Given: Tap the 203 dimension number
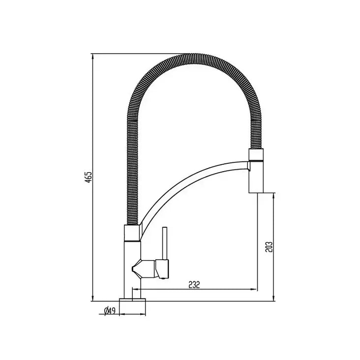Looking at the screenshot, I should click(269, 246).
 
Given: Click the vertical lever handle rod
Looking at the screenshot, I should click(165, 243).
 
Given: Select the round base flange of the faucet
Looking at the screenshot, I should click(132, 305).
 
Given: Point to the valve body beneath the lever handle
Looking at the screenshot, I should click(160, 269).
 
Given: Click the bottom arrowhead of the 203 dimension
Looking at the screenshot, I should click(273, 298).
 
